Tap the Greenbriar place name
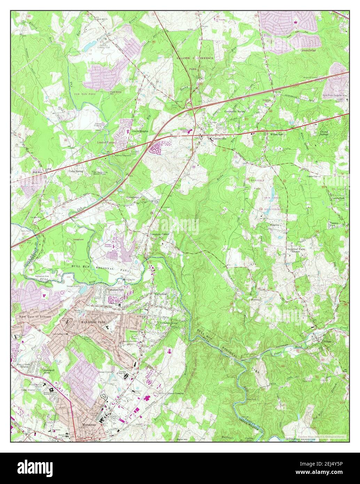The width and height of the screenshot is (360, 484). click(308, 50)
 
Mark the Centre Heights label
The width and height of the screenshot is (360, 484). click(140, 131)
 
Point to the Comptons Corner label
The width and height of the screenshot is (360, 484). click(159, 234)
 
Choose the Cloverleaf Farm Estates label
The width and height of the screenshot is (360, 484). click(295, 250)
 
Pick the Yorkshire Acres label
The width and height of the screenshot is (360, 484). click(169, 323)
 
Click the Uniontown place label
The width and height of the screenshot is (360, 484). click(132, 197)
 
